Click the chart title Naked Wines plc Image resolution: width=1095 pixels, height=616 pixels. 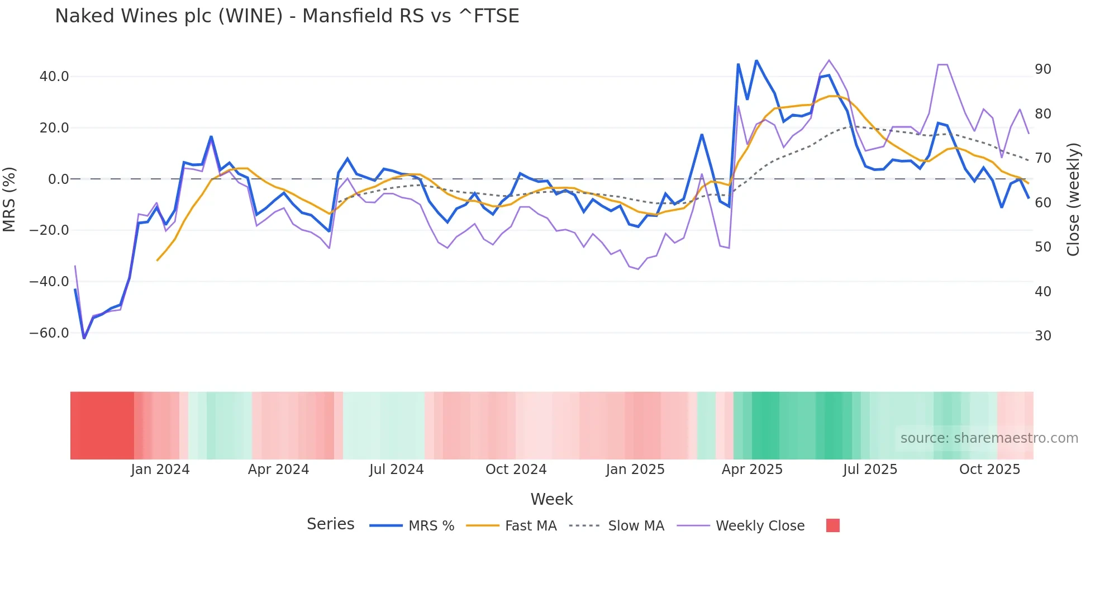(287, 16)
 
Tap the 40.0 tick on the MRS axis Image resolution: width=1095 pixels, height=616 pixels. (54, 77)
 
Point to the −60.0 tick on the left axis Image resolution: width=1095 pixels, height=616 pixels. (49, 333)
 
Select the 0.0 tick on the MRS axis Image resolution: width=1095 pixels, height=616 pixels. (58, 179)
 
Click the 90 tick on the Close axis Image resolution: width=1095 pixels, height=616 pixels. (1042, 69)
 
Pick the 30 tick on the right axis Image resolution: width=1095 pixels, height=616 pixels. (1042, 336)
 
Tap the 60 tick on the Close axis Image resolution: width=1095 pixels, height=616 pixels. (1042, 203)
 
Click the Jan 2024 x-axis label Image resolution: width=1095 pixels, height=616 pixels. (160, 470)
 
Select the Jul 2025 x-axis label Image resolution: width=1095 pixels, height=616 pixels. (870, 470)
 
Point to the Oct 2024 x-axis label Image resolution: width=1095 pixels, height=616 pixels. (516, 470)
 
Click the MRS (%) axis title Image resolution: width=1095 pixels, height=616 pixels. (9, 199)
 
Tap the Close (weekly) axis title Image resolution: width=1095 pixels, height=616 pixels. (1073, 200)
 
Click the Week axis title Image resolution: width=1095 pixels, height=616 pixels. (551, 499)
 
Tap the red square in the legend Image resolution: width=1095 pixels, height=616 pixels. (832, 525)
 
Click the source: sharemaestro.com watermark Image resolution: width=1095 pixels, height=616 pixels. (989, 438)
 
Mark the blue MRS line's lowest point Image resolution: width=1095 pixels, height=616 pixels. (84, 338)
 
